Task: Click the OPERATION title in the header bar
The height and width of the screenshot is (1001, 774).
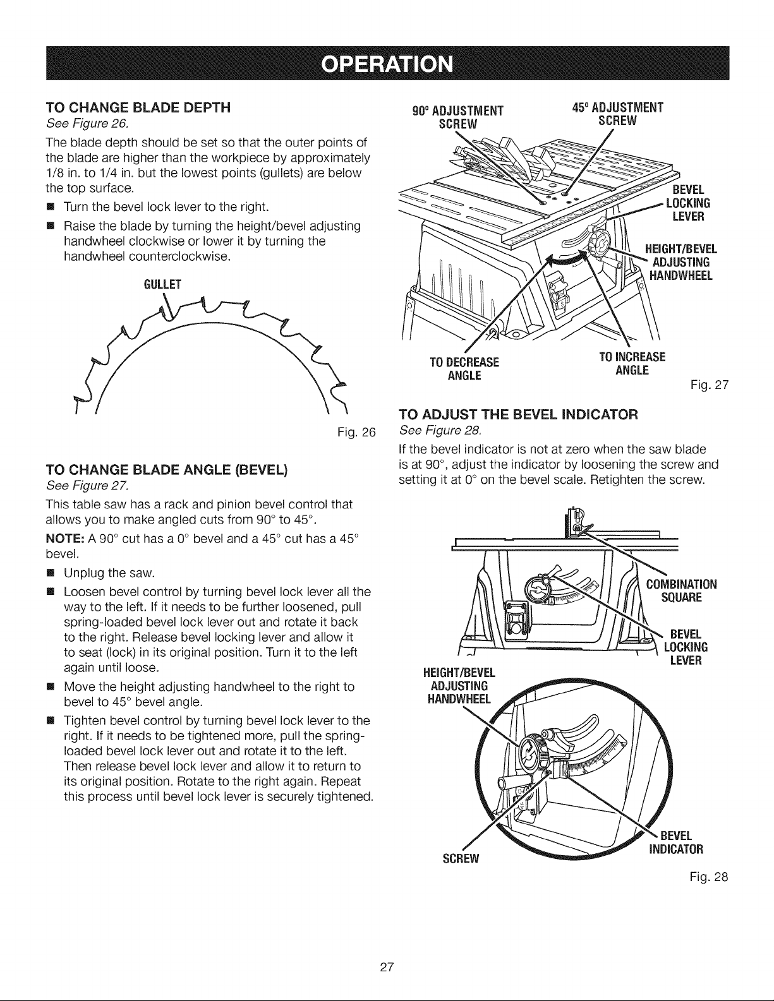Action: point(387,64)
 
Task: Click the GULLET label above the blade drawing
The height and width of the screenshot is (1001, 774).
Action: point(162,284)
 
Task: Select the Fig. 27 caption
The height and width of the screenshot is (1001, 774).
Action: point(710,385)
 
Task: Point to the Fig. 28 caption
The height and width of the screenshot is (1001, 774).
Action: point(709,877)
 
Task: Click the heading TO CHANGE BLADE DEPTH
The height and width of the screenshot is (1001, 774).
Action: point(138,108)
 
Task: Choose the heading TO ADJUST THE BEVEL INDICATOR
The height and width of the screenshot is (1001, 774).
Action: point(518,414)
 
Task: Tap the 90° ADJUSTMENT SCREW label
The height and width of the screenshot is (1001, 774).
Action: point(458,117)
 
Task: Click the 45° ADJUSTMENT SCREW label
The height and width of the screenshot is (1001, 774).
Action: point(617,114)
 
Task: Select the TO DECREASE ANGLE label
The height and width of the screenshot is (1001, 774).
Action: point(464,369)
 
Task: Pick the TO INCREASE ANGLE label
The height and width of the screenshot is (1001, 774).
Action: point(632,364)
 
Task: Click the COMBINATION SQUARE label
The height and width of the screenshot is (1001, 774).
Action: point(681,591)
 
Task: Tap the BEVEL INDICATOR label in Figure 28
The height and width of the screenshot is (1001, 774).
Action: point(676,842)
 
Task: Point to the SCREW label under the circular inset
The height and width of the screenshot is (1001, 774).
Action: point(461,859)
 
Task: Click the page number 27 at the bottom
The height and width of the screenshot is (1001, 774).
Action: point(387,967)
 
